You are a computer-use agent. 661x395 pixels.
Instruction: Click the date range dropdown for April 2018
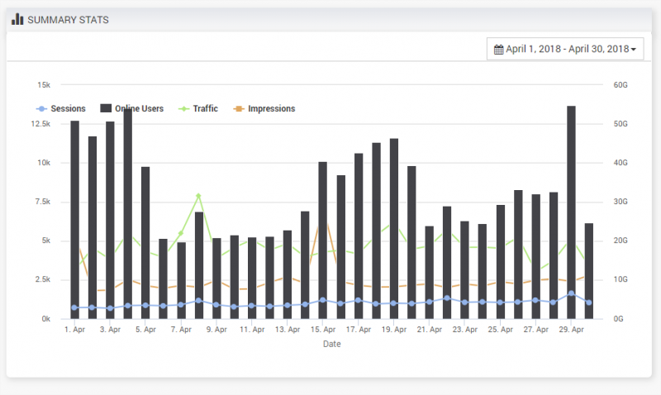point(565,50)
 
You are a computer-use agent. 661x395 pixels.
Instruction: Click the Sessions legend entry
point(62,108)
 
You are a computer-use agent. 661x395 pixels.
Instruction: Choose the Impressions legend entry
point(265,108)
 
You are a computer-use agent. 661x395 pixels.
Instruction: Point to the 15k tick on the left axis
point(43,85)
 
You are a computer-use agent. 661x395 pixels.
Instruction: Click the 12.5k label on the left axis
point(40,124)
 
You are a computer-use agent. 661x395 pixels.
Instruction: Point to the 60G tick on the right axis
point(620,85)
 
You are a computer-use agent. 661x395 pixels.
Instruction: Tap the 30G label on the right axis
point(620,202)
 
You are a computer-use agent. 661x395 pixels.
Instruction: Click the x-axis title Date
point(331,345)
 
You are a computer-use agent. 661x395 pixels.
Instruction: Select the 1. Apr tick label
point(75,330)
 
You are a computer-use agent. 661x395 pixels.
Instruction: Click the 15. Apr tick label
point(323,330)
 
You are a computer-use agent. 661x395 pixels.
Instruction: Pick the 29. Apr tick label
point(571,330)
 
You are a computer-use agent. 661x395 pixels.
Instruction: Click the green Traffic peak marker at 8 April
point(199,196)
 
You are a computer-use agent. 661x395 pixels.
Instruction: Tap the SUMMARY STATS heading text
point(68,19)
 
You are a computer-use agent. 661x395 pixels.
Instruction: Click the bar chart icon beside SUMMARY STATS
point(17,19)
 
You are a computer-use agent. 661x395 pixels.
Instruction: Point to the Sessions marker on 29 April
point(571,294)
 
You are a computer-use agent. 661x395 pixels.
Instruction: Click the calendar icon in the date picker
point(498,50)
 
